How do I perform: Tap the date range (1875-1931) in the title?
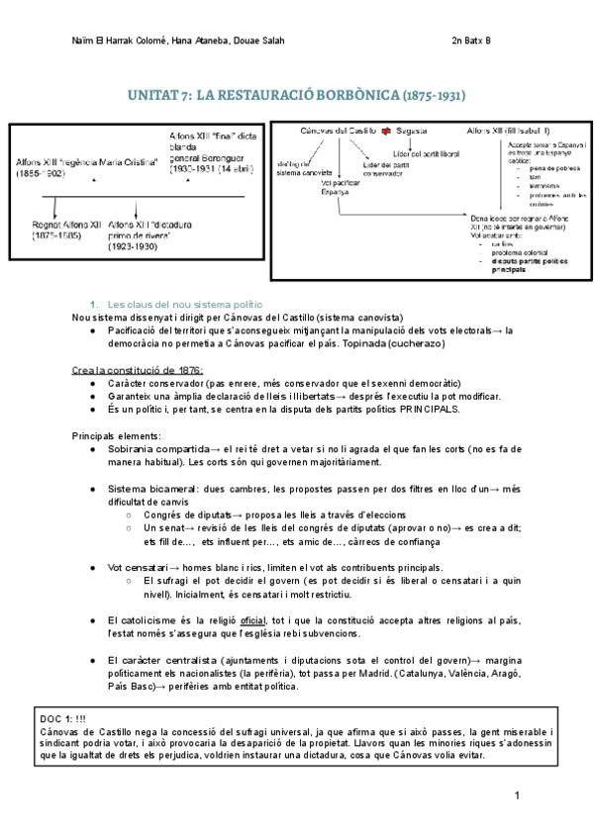pyautogui.click(x=432, y=96)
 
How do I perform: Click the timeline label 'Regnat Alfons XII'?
pyautogui.click(x=66, y=225)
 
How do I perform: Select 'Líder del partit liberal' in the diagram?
pyautogui.click(x=426, y=153)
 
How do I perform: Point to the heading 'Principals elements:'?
pyautogui.click(x=116, y=435)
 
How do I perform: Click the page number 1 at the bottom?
pyautogui.click(x=517, y=794)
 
